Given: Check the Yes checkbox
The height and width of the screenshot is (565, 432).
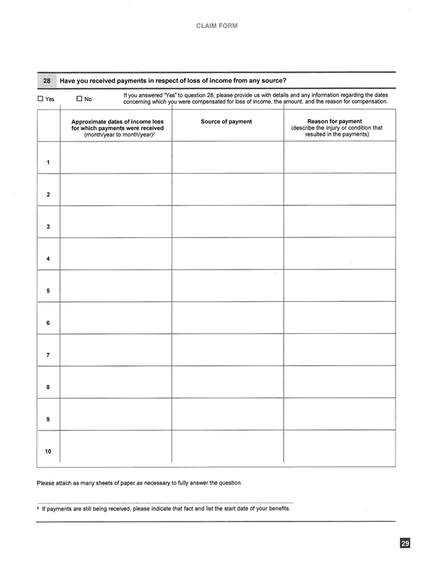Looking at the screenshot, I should (41, 99).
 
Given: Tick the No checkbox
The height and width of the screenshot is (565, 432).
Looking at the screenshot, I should (79, 99).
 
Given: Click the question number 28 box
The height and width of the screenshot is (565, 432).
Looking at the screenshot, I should (48, 81).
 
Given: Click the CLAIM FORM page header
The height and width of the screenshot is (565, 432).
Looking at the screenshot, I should (216, 26).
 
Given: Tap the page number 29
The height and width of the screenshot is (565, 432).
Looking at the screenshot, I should (405, 543).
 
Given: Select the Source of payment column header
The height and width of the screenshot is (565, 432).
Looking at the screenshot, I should (226, 122).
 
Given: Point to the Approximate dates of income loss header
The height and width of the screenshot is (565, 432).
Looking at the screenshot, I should (117, 127).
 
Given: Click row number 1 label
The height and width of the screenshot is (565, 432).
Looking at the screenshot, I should (48, 163).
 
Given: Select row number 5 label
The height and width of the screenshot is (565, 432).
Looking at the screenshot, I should (48, 291).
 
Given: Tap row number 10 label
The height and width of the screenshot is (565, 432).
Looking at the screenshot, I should (48, 451).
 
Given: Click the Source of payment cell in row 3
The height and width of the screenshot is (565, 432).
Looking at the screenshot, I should (228, 221).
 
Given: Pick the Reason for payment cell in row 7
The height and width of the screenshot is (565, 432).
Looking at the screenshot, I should (339, 349).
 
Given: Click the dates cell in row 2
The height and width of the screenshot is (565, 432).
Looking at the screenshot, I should (116, 189).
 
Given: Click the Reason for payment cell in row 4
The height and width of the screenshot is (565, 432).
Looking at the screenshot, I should (339, 253).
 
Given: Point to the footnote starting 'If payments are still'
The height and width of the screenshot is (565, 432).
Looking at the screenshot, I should (165, 508).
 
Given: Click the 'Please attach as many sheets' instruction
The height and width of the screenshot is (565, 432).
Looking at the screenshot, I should (139, 483).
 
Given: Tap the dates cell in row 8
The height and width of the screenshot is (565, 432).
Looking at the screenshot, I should (116, 382).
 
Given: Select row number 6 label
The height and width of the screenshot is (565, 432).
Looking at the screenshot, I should (48, 323).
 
